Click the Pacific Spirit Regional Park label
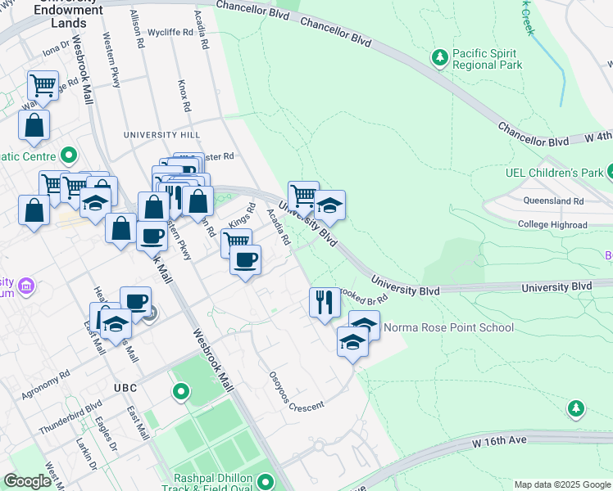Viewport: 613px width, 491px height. (488, 59)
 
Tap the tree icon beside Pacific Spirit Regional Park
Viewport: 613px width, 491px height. (440, 56)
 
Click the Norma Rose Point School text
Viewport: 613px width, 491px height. (449, 328)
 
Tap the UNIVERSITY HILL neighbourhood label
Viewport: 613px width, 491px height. (161, 134)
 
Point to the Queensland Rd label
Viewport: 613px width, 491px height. (556, 200)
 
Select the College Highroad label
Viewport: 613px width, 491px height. (552, 225)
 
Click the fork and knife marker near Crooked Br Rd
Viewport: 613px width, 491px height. (325, 301)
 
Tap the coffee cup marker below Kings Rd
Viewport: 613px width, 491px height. (245, 260)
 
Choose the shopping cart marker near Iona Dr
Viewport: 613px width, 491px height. (43, 83)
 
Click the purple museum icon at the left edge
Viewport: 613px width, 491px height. (26, 286)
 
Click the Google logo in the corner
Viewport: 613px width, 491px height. (27, 481)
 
